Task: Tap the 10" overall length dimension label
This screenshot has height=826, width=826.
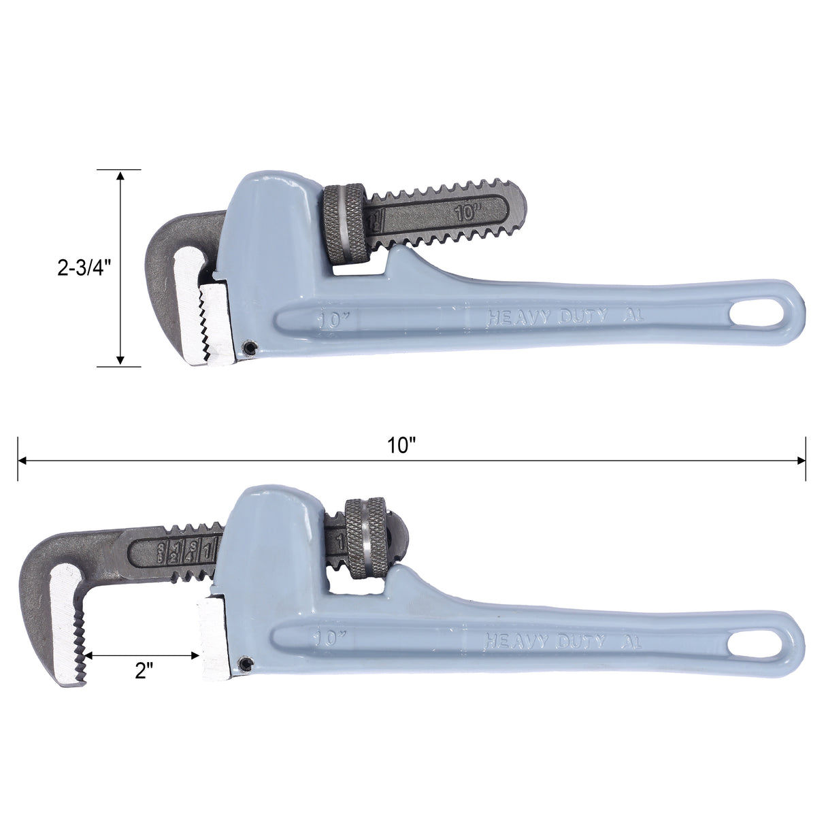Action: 401,446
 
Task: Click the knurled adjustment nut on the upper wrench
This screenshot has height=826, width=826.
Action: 346,225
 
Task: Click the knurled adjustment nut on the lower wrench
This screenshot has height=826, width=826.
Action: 369,540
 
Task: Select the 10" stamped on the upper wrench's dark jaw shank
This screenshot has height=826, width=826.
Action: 468,212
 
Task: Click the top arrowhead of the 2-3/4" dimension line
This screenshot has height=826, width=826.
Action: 120,175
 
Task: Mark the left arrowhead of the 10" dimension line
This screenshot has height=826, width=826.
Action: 23,461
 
